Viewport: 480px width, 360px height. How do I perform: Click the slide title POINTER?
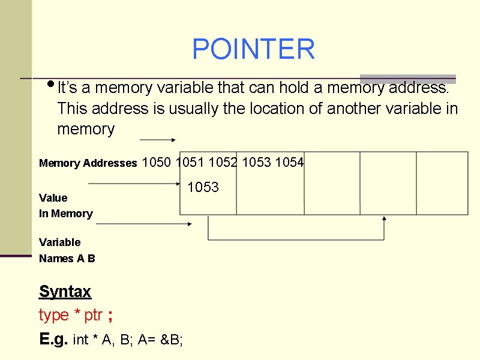coord(253,49)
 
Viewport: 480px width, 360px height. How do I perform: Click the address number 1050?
coord(157,162)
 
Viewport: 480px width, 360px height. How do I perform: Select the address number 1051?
coord(191,162)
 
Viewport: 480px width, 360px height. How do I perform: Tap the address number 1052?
coord(223,162)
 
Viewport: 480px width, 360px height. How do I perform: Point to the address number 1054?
coord(289,162)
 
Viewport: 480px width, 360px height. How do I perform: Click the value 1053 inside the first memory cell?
coord(203,187)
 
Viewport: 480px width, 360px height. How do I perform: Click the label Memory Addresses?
coord(88,163)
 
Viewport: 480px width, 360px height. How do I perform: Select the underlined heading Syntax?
coord(65,292)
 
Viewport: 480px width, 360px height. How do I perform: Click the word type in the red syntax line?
coord(54,315)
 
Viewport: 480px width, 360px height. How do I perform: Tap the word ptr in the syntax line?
coord(93,315)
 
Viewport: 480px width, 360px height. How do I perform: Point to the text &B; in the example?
coord(173,340)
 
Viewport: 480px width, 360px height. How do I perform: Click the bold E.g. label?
coord(54,339)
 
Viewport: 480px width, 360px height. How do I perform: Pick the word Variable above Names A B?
coord(59,242)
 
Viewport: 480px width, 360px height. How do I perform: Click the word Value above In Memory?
coord(53,197)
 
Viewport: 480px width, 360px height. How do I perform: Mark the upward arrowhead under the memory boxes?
coord(385,219)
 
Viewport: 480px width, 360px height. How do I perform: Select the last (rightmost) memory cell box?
coord(442,183)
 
